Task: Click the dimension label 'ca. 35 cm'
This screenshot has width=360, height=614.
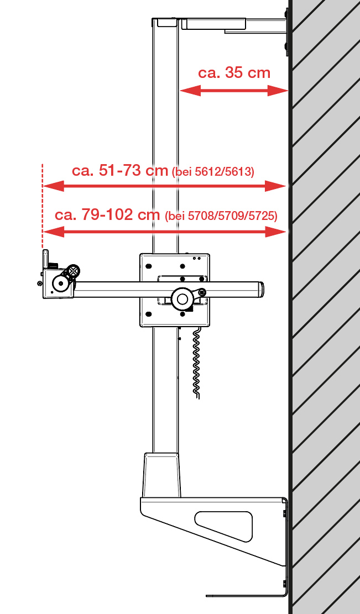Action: [234, 73]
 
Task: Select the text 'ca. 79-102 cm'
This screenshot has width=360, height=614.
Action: [107, 214]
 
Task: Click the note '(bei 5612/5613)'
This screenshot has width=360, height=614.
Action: [213, 172]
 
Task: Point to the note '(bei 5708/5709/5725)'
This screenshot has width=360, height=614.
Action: [221, 216]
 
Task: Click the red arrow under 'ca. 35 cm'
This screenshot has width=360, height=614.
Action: [234, 91]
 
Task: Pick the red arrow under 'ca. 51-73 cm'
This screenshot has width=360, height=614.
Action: [164, 186]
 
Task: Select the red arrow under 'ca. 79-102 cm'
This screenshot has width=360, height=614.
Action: [165, 232]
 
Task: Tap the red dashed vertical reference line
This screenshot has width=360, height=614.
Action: [43, 206]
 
